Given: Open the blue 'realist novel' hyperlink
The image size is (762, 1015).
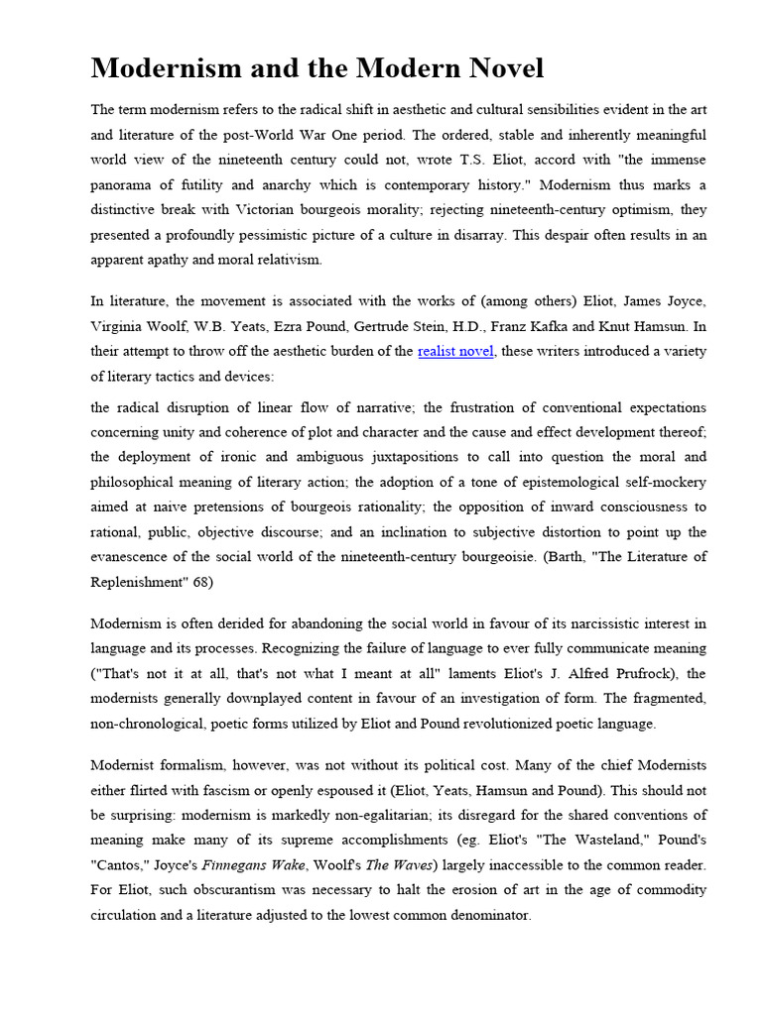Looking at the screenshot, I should point(455,351).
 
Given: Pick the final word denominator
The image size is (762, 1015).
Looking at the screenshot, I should point(488,917).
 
